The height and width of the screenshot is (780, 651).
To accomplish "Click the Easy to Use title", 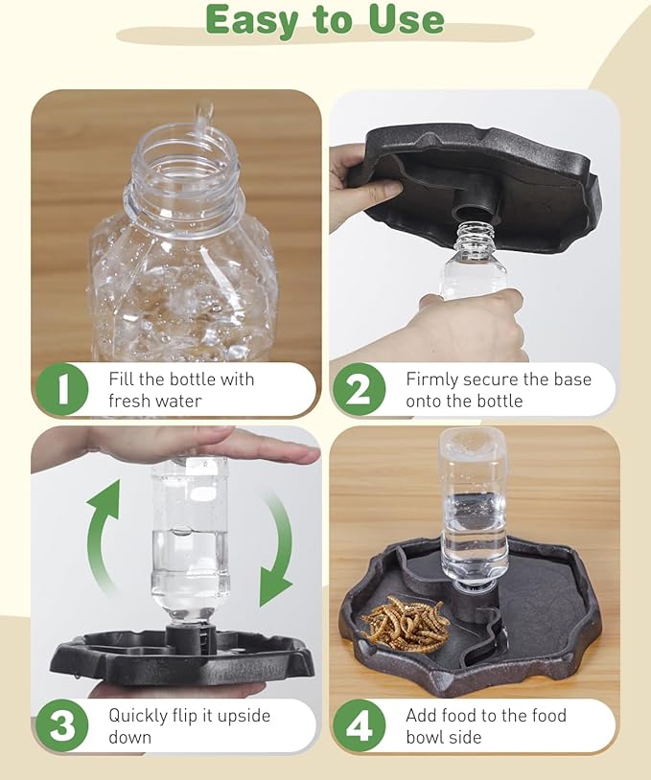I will (x=325, y=19).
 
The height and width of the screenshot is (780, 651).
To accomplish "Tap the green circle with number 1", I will (x=62, y=390).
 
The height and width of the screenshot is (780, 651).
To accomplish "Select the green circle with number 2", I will (x=359, y=390).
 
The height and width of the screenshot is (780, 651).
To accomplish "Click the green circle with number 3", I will (x=62, y=726).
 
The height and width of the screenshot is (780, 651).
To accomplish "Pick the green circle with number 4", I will (x=359, y=726).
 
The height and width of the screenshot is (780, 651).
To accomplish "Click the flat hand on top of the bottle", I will (x=192, y=443).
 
